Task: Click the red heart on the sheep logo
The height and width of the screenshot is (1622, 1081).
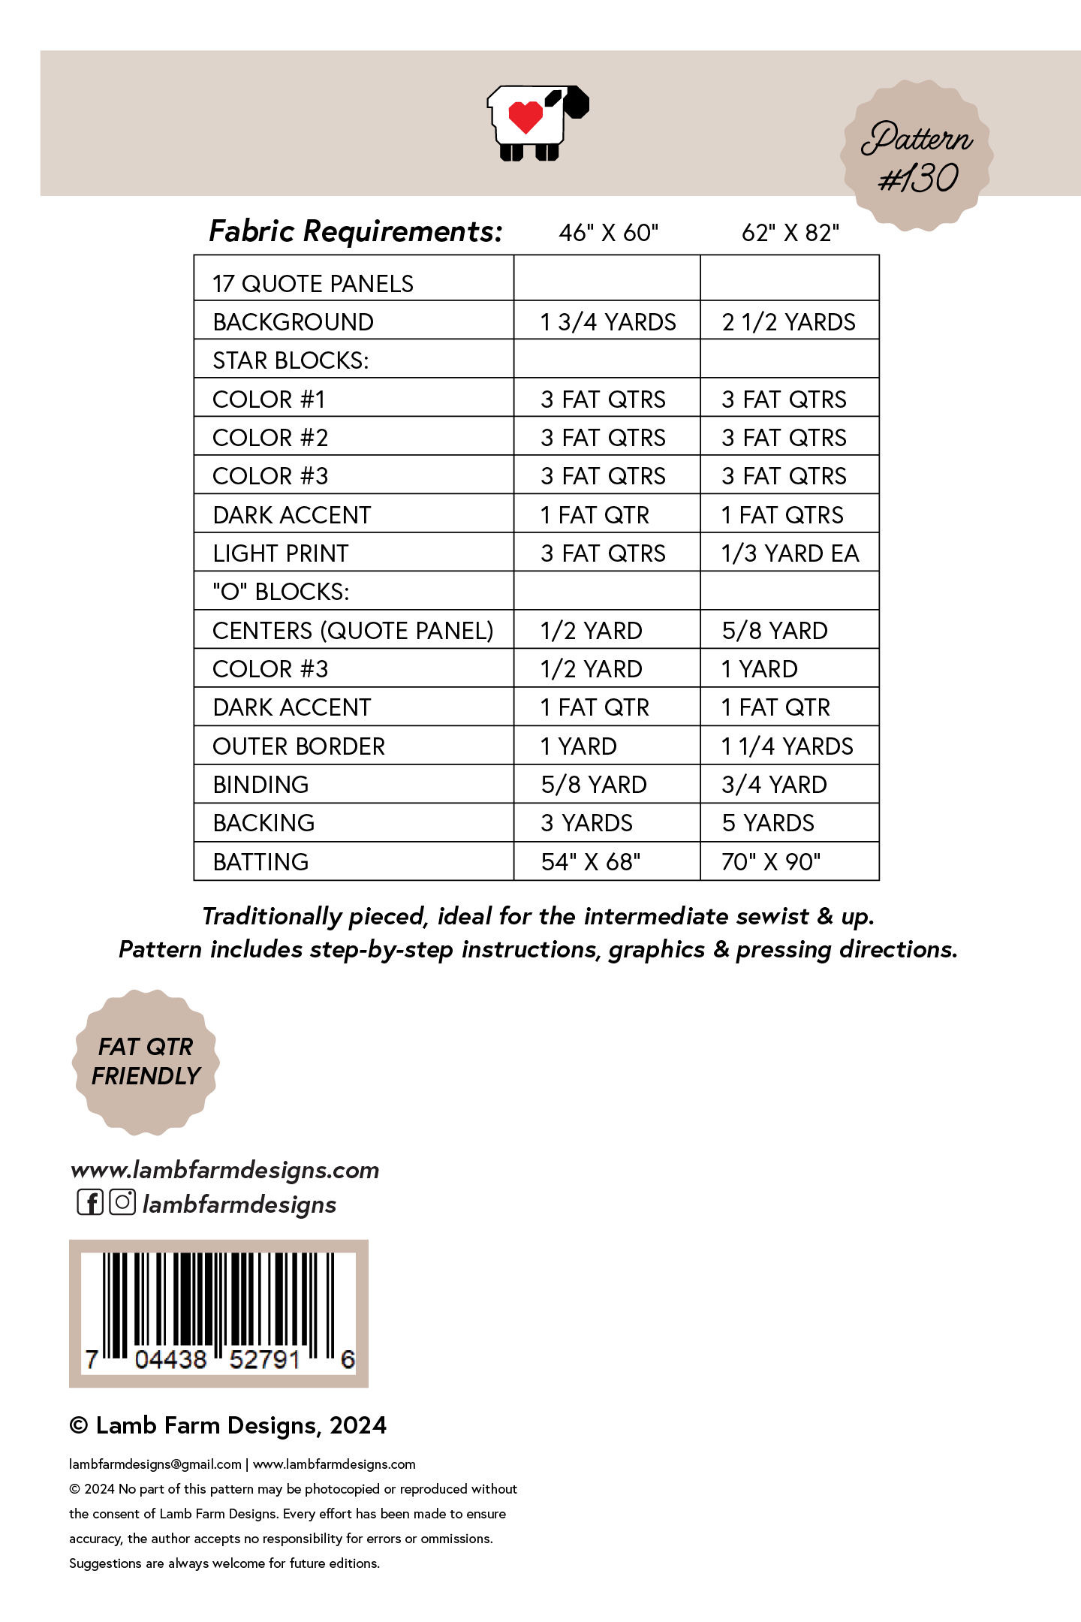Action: pyautogui.click(x=525, y=117)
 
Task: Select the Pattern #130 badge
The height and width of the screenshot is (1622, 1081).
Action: pyautogui.click(x=917, y=156)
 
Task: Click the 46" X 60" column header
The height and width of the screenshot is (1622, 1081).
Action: pyautogui.click(x=608, y=233)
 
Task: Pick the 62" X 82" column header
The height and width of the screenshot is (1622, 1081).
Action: pyautogui.click(x=790, y=233)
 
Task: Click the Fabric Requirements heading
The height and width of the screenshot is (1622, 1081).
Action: pyautogui.click(x=355, y=231)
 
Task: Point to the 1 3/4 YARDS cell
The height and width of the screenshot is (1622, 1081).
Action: pyautogui.click(x=608, y=322)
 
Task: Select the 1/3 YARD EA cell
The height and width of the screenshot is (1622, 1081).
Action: pyautogui.click(x=790, y=553)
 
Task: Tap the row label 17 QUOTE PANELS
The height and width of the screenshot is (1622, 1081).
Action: pyautogui.click(x=313, y=284)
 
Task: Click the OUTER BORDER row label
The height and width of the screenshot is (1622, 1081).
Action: pyautogui.click(x=299, y=746)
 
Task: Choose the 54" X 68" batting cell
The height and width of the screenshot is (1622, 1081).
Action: pyautogui.click(x=591, y=862)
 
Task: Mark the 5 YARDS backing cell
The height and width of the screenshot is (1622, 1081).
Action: pyautogui.click(x=768, y=823)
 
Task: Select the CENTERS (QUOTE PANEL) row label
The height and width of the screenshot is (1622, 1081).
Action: pyautogui.click(x=353, y=631)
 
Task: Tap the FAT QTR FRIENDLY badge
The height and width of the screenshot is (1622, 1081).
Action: pyautogui.click(x=146, y=1062)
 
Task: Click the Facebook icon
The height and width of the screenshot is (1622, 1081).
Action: pyautogui.click(x=90, y=1202)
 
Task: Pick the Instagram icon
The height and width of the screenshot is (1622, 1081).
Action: pyautogui.click(x=122, y=1202)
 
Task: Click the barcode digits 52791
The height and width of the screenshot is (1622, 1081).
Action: pyautogui.click(x=264, y=1359)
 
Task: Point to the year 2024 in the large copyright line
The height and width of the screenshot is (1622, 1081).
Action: pyautogui.click(x=358, y=1425)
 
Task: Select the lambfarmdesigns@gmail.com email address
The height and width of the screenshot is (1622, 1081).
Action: pyautogui.click(x=155, y=1464)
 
